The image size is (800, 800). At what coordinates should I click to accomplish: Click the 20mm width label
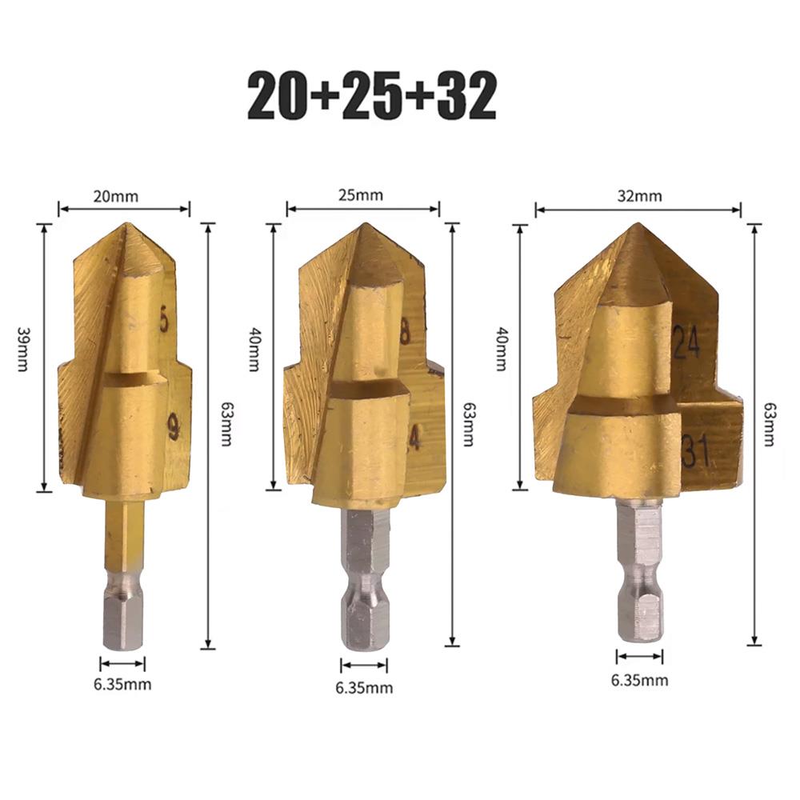pyautogui.click(x=115, y=197)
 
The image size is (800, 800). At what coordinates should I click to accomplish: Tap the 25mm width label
pyautogui.click(x=360, y=195)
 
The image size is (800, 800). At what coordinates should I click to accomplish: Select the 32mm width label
pyautogui.click(x=639, y=196)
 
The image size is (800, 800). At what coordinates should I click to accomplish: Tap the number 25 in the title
pyautogui.click(x=372, y=96)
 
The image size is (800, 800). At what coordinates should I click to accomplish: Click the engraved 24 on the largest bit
pyautogui.click(x=686, y=340)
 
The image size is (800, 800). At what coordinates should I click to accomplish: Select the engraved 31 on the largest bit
pyautogui.click(x=695, y=450)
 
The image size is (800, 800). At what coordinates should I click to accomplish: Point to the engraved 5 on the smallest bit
pyautogui.click(x=164, y=319)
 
